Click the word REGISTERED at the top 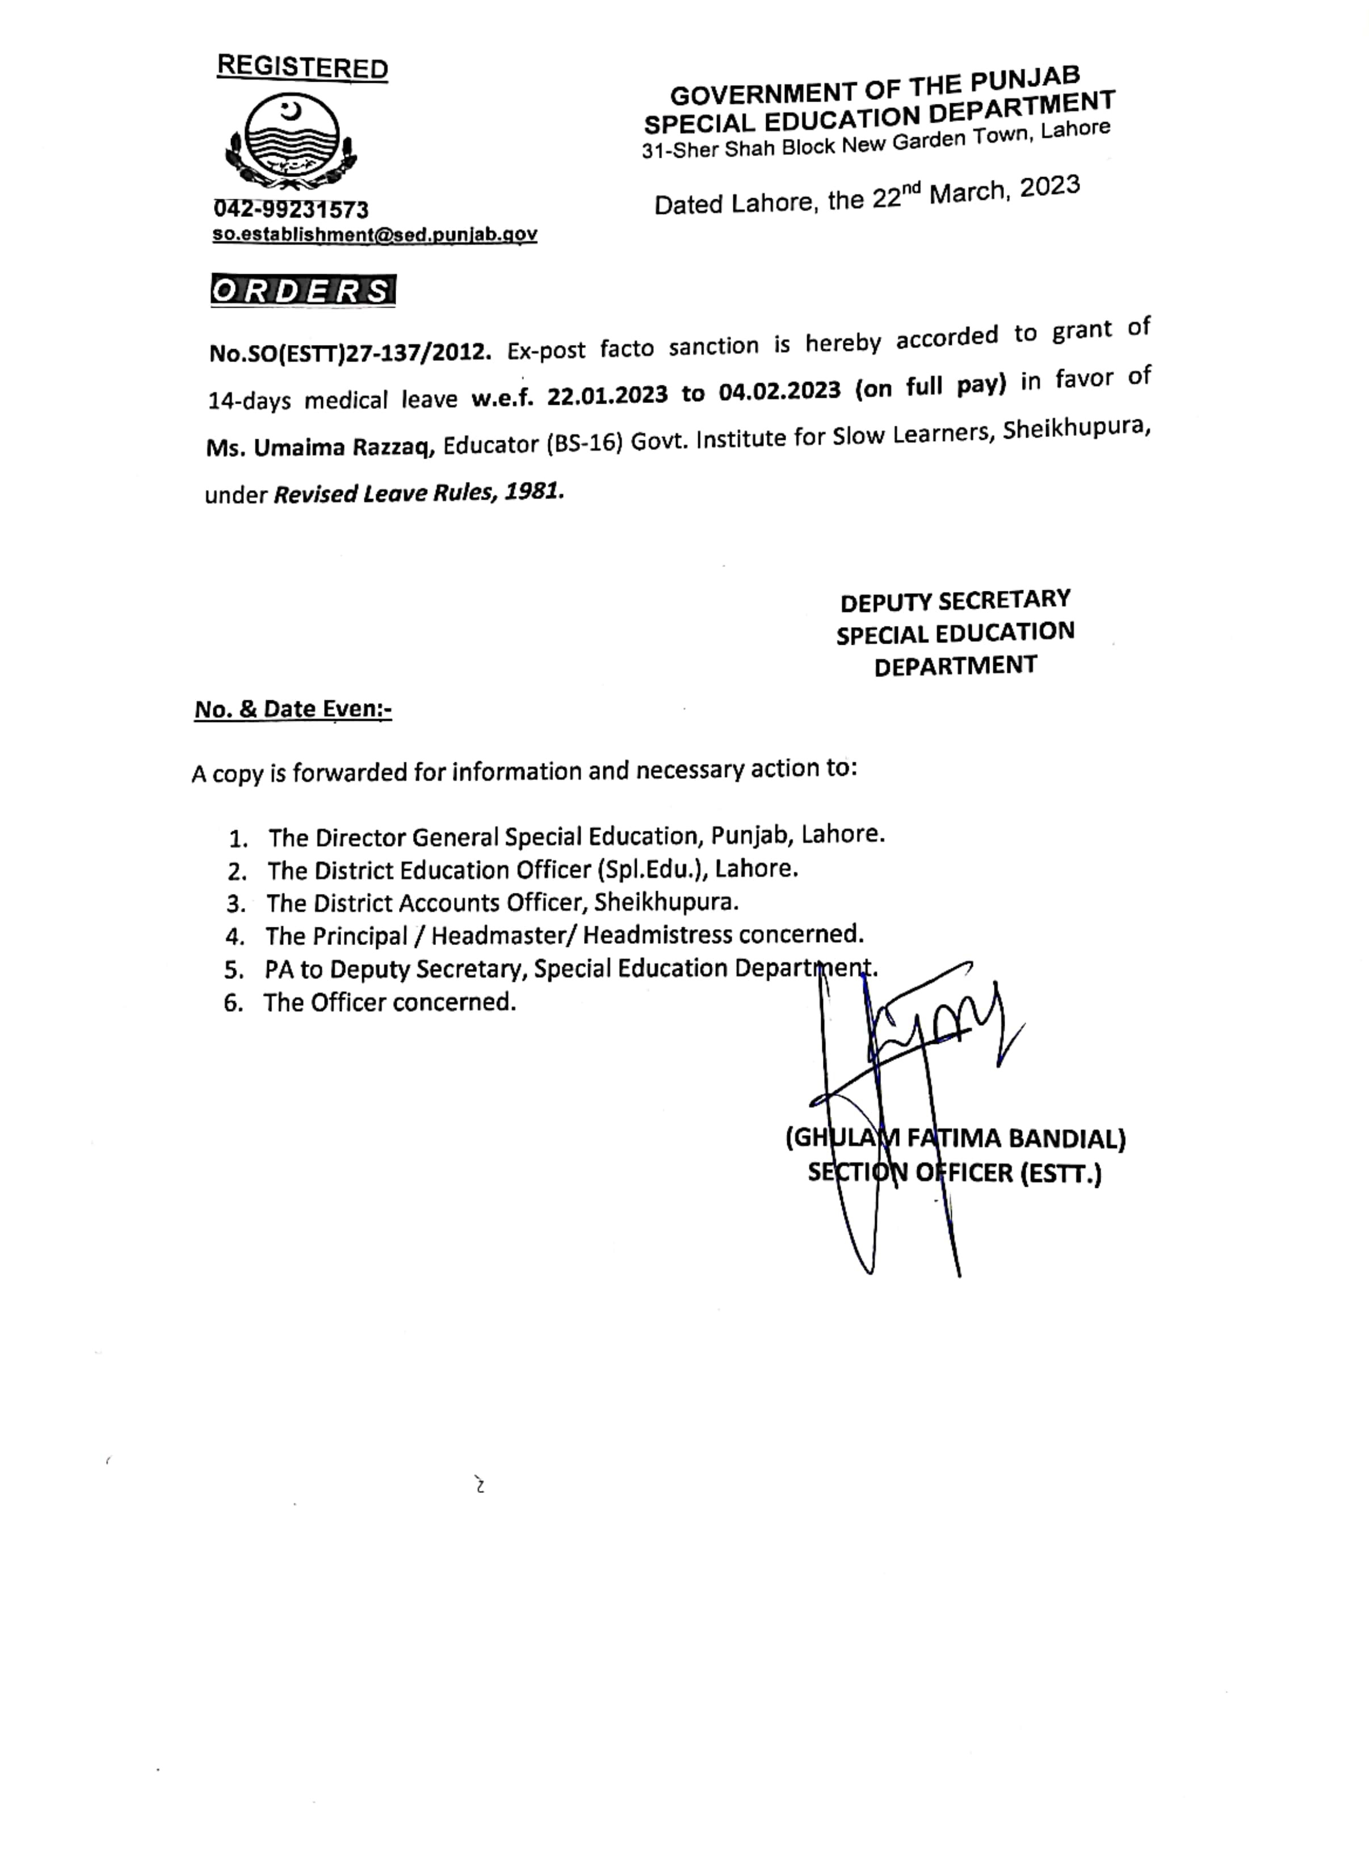coord(301,67)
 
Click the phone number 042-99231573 coord(291,209)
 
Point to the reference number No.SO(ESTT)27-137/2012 coord(350,352)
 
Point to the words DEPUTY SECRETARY coord(955,600)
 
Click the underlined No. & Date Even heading coord(292,709)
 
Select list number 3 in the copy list coord(236,904)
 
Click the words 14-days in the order coord(249,401)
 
